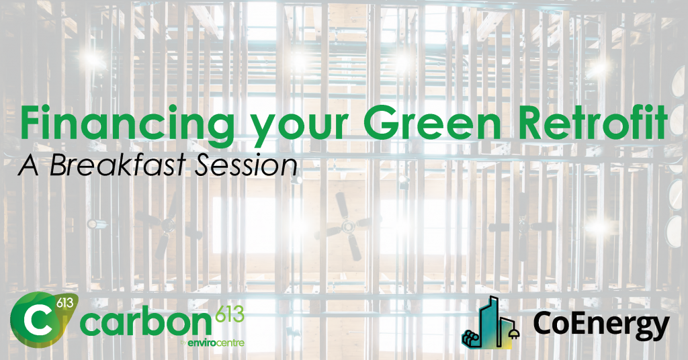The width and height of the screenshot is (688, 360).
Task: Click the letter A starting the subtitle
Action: click(29, 166)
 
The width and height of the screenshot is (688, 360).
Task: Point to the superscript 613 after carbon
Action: click(230, 314)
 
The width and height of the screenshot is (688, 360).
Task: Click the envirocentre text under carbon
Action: click(216, 343)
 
